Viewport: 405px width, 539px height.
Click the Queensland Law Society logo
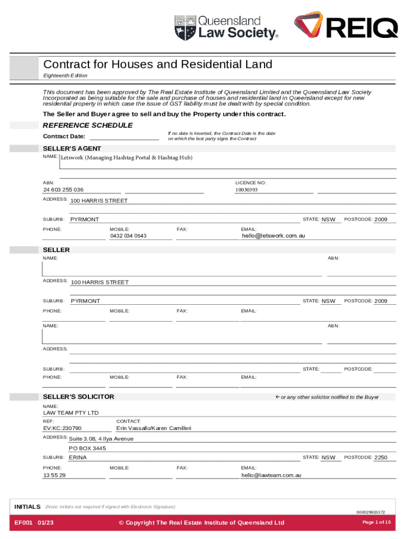coord(226,27)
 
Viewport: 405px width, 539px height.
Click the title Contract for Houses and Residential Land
coord(158,64)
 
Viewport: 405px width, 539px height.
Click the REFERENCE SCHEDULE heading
coord(87,125)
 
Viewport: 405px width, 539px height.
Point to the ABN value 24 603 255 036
coord(63,189)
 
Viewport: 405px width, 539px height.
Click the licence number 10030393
coord(246,189)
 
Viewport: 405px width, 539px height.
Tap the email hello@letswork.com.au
coord(273,236)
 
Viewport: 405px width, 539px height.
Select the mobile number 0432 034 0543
coord(128,236)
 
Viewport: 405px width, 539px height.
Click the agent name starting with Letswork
coord(126,158)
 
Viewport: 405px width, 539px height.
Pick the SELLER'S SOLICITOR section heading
coord(78,396)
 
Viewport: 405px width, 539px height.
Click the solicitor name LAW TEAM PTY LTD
coord(70,413)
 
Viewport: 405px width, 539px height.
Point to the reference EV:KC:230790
coord(62,428)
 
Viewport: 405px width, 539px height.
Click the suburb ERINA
coord(78,457)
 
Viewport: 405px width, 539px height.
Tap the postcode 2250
coord(380,457)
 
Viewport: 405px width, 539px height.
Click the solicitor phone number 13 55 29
coord(54,475)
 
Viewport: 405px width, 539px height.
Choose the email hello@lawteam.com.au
coord(271,475)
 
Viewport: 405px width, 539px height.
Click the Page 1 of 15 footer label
coord(377,522)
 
